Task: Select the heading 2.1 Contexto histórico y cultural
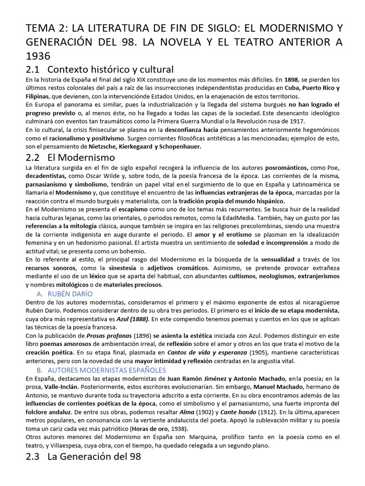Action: (99, 69)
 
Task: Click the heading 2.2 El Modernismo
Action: (71, 157)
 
